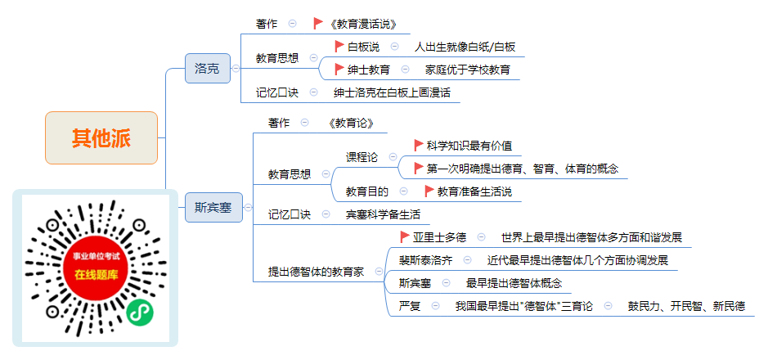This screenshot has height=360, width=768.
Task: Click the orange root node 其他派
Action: [101, 137]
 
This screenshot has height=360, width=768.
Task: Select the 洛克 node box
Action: [208, 68]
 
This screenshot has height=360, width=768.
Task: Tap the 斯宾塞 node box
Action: [213, 207]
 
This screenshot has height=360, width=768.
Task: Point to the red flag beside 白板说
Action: [339, 47]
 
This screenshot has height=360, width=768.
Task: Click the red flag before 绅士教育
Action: [339, 69]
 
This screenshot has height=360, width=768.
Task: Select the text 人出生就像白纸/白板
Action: [465, 47]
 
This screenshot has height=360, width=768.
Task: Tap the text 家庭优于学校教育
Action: [468, 70]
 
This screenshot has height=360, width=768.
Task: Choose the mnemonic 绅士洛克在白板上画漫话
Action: [392, 92]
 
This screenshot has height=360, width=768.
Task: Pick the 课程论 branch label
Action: [362, 157]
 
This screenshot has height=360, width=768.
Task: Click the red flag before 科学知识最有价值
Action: [419, 145]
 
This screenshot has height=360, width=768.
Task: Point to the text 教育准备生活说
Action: [474, 191]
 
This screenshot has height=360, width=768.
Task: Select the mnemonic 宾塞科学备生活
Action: [383, 214]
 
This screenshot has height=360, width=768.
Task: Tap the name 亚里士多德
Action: [439, 237]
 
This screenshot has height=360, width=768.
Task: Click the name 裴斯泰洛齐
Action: [425, 260]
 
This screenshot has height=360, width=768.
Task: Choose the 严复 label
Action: [410, 306]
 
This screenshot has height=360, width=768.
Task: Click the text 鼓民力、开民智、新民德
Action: [687, 306]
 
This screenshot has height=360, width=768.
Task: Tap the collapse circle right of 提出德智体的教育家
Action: [379, 272]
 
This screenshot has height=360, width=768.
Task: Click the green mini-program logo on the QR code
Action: [140, 312]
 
